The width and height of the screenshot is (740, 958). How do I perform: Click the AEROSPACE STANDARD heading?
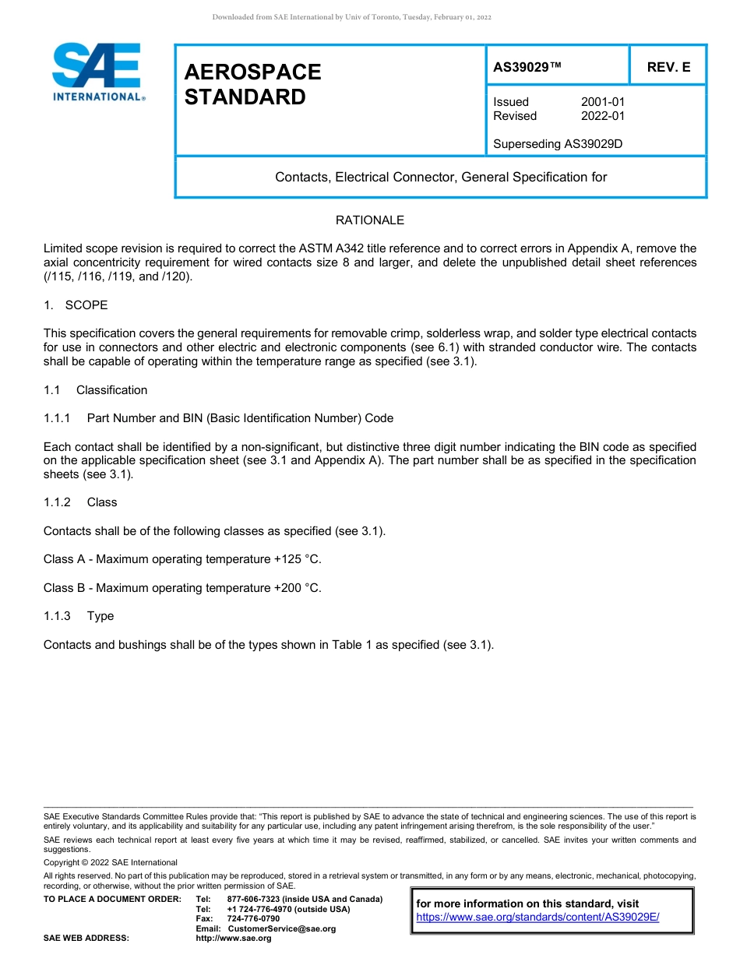click(252, 84)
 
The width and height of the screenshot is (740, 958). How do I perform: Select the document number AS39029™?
click(527, 67)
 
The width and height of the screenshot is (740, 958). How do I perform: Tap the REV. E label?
click(668, 67)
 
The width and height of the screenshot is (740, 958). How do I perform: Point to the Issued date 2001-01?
click(602, 102)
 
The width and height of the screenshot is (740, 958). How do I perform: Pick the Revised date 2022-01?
click(602, 116)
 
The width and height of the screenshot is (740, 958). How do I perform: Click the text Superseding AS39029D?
click(558, 143)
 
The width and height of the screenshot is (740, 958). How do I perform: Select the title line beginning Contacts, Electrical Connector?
click(441, 177)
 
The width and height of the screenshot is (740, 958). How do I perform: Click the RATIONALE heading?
click(370, 220)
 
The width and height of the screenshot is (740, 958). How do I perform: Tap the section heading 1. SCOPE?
click(76, 305)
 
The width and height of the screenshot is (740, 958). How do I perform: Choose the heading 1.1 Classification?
click(95, 389)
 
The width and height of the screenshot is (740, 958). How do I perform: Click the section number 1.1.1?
click(57, 418)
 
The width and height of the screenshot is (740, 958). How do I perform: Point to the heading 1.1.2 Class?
click(80, 502)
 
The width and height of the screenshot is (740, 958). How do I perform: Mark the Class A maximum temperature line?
click(182, 559)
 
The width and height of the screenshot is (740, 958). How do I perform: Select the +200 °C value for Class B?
click(298, 588)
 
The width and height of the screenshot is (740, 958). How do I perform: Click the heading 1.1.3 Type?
click(79, 616)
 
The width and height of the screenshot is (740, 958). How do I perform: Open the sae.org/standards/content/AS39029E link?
click(537, 917)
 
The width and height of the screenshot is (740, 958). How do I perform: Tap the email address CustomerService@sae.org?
click(281, 928)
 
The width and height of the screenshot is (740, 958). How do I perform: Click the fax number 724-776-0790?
click(253, 919)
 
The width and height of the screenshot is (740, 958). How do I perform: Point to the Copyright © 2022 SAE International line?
click(111, 862)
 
